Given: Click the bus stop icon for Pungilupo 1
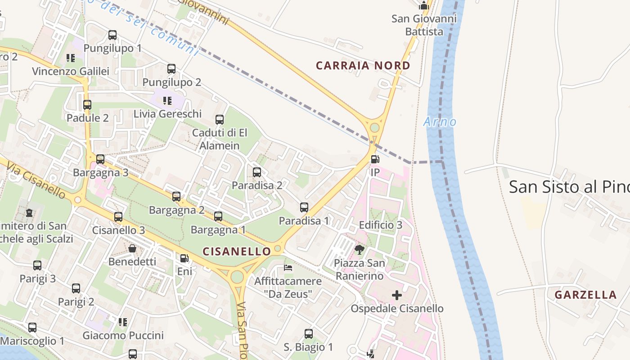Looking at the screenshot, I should point(112,35).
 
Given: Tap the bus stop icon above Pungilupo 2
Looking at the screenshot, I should point(171,69).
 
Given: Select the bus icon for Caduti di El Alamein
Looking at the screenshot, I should point(220,120).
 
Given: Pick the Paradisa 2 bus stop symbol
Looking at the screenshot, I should point(257,172).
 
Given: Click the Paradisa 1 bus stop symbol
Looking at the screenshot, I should point(304,207).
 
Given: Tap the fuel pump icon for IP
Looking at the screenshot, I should point(375,159).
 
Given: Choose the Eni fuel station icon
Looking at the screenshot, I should point(184,259).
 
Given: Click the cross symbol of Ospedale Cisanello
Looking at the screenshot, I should point(397,295).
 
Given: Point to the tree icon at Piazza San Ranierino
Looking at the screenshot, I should point(359,250).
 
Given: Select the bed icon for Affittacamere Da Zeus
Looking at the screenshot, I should point(288,268).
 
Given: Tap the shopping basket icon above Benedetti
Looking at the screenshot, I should point(132,248).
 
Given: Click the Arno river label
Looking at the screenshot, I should point(440,121).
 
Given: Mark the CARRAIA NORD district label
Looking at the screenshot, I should point(363,66).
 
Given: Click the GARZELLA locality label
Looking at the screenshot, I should point(585,295).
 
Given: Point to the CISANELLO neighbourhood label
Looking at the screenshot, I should point(237,251).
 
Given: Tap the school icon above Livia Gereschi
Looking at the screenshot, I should point(167,100).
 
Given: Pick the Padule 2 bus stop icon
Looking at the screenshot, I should point(87,105).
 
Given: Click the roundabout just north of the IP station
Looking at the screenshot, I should point(374,128).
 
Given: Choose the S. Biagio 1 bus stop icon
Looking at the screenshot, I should point(309,334).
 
